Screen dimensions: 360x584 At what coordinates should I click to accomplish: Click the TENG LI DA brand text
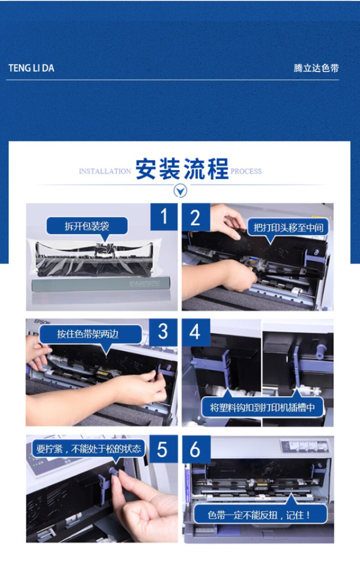pyautogui.click(x=31, y=68)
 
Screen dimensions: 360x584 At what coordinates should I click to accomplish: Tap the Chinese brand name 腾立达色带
pyautogui.click(x=316, y=68)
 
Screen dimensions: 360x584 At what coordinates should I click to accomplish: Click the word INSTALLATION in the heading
pyautogui.click(x=105, y=171)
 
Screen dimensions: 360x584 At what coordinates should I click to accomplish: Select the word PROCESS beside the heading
pyautogui.click(x=246, y=171)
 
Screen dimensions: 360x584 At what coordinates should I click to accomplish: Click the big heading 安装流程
pyautogui.click(x=182, y=169)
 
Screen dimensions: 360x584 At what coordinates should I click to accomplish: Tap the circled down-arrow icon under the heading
pyautogui.click(x=180, y=190)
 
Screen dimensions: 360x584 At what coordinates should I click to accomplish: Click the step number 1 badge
pyautogui.click(x=164, y=217)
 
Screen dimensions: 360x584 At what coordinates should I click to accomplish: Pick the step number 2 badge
pyautogui.click(x=195, y=217)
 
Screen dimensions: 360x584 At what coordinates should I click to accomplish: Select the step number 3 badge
pyautogui.click(x=163, y=332)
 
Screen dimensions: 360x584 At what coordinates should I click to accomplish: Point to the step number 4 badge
pyautogui.click(x=195, y=332)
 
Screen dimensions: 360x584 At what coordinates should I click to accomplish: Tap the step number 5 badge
pyautogui.click(x=163, y=449)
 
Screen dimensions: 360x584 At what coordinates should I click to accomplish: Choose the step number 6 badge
pyautogui.click(x=196, y=449)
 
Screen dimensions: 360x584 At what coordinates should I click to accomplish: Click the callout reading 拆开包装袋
pyautogui.click(x=87, y=226)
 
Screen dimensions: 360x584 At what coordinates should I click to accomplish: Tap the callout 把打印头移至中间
pyautogui.click(x=288, y=228)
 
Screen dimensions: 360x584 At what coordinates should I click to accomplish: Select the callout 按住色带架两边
pyautogui.click(x=88, y=334)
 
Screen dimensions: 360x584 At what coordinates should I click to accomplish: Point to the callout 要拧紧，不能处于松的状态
pyautogui.click(x=88, y=449)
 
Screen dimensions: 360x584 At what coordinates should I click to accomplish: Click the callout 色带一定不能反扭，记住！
pyautogui.click(x=260, y=515)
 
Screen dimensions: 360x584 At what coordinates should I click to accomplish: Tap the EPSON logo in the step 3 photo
pyautogui.click(x=42, y=322)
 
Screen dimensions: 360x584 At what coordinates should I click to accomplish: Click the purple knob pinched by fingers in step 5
pyautogui.click(x=114, y=471)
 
